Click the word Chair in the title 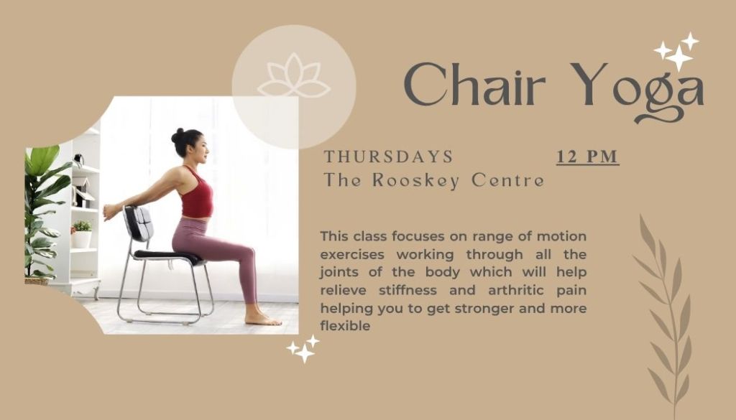pos(474,85)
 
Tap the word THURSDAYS pos(389,157)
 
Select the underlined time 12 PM pos(588,157)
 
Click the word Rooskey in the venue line pos(416,181)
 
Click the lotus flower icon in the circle pos(294,76)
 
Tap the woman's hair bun pos(178,136)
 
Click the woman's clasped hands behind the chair pos(110,211)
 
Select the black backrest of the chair pos(139,223)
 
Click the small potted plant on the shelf pos(82,233)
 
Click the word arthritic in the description pos(516,291)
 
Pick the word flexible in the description pos(345,326)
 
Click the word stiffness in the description pos(408,291)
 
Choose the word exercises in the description pos(352,255)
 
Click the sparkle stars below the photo pos(303,349)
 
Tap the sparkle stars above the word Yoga pos(676,52)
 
